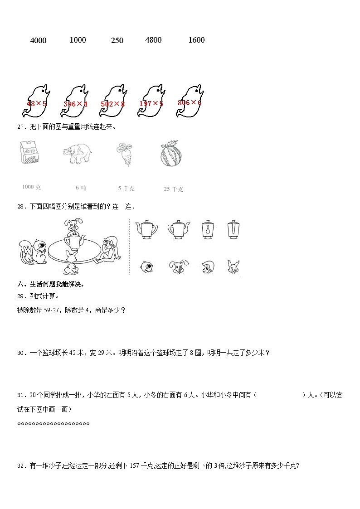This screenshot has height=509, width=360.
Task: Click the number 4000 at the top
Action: pos(38,40)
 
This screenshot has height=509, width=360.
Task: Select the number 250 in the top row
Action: pos(117,40)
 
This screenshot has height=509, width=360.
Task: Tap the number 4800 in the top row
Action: pos(153,40)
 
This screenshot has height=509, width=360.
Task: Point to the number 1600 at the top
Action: pos(196,40)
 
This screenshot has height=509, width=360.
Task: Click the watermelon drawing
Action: pos(170,155)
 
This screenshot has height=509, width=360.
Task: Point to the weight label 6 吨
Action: pos(81,188)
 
